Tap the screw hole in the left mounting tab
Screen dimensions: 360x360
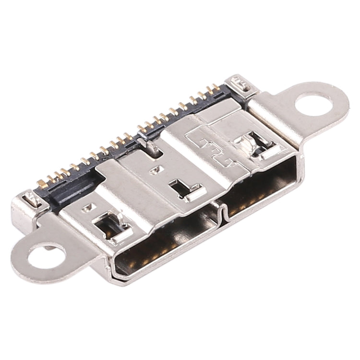46,255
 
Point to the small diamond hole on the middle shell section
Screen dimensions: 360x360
155,169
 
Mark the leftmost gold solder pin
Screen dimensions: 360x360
41,183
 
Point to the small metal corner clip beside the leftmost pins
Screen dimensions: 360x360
30,198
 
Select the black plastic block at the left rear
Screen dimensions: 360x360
72,190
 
